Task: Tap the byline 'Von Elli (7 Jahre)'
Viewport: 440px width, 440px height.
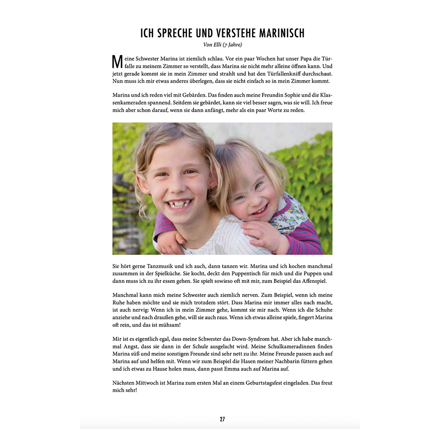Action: pyautogui.click(x=222, y=44)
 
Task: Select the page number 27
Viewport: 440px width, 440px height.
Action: pyautogui.click(x=222, y=419)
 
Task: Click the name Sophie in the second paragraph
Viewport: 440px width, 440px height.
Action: pyautogui.click(x=266, y=95)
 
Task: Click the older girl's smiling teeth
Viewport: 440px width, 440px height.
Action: pyautogui.click(x=180, y=203)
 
